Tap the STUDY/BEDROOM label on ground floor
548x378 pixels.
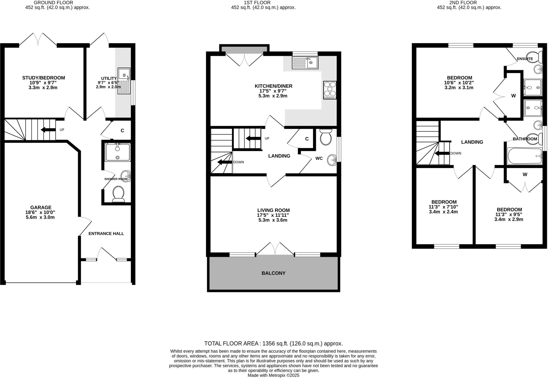43,78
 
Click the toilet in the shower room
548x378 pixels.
118,194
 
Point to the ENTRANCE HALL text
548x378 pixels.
106,234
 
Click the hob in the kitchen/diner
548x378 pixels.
330,90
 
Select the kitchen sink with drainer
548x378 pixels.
305,63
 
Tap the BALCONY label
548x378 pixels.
273,273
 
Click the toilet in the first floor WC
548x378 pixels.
326,137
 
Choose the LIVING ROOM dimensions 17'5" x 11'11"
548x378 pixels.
273,215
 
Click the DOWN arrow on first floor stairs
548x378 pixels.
222,162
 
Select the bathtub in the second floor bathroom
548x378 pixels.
524,156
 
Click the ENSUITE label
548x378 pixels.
525,59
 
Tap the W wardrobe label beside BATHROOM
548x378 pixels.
525,175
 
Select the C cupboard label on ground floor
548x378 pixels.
122,131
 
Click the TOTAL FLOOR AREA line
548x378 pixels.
273,343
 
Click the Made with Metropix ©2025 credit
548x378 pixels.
273,375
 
